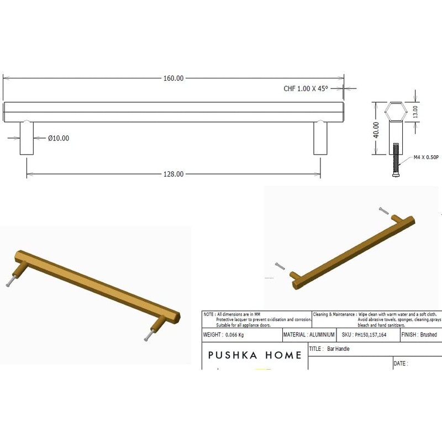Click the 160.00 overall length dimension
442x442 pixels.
coord(173,78)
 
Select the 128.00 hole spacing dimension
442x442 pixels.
coord(173,174)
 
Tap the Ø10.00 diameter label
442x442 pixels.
coord(59,138)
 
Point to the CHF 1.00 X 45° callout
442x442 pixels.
coord(306,88)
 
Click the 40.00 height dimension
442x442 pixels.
coord(376,130)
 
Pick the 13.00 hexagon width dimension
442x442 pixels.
coord(415,112)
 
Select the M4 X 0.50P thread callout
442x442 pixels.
coord(426,157)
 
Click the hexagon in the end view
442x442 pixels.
coord(396,112)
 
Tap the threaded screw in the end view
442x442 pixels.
coord(396,160)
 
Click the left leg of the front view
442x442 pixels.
coord(27,138)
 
